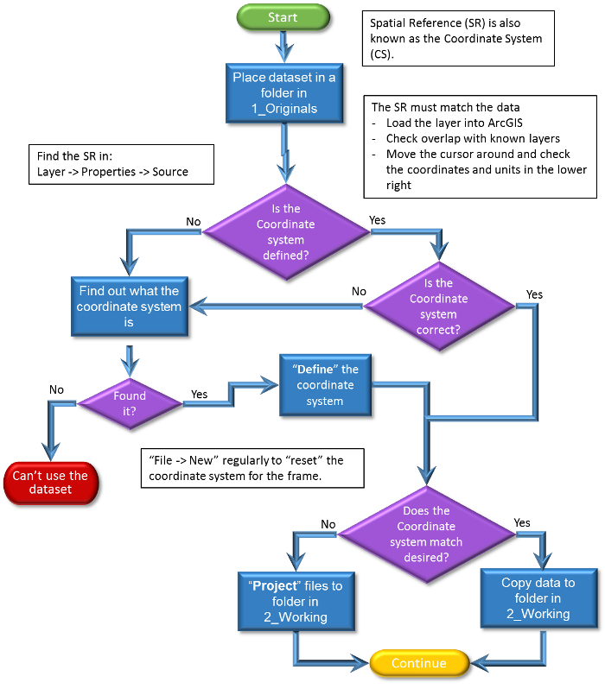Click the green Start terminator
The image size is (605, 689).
(x=283, y=17)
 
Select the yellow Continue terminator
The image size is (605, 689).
(x=419, y=663)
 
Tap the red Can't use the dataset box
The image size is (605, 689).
(x=50, y=483)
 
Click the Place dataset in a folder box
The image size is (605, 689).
(x=284, y=93)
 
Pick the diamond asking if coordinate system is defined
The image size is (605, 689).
(x=285, y=231)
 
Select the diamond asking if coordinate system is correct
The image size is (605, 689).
(x=438, y=307)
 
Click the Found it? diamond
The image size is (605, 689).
(x=130, y=403)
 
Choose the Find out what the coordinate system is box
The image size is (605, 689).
(x=129, y=307)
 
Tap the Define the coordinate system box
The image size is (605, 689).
(x=325, y=385)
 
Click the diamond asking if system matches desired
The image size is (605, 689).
(x=426, y=534)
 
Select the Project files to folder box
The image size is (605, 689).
(x=296, y=601)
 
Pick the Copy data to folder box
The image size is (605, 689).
(x=538, y=597)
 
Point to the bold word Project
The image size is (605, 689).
(x=273, y=585)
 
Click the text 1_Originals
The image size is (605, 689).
(x=284, y=109)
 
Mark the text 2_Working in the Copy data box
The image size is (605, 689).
(x=538, y=614)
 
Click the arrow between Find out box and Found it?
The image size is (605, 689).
(x=130, y=358)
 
